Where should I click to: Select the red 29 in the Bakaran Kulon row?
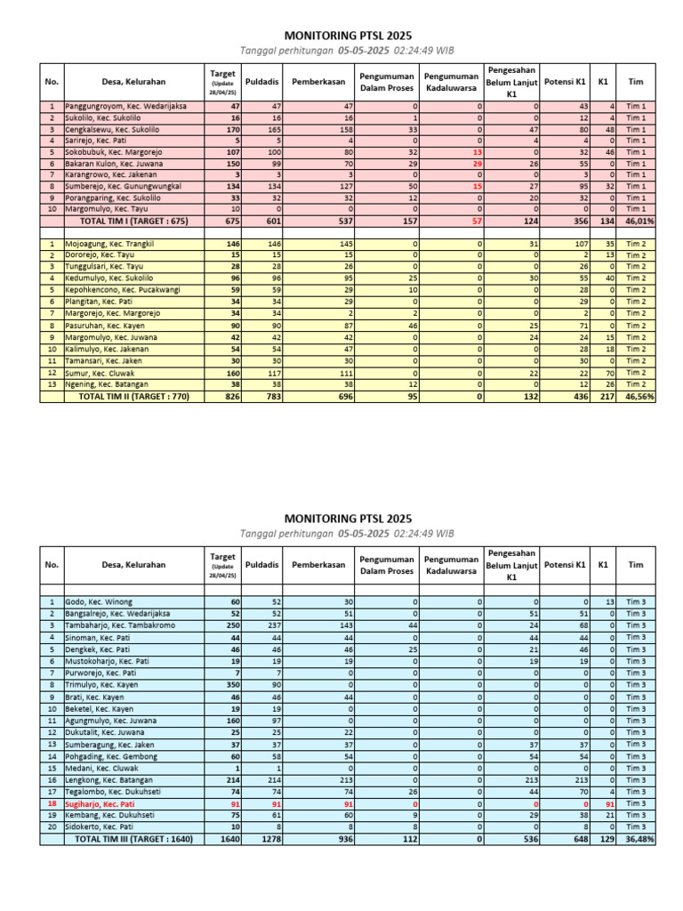point(477,164)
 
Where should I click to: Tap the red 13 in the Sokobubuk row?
point(477,152)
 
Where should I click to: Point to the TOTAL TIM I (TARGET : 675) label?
point(134,222)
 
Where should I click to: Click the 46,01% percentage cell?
point(639,222)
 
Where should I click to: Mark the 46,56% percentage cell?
point(639,397)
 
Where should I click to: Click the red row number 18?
point(52,803)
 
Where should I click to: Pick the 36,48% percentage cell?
point(639,839)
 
